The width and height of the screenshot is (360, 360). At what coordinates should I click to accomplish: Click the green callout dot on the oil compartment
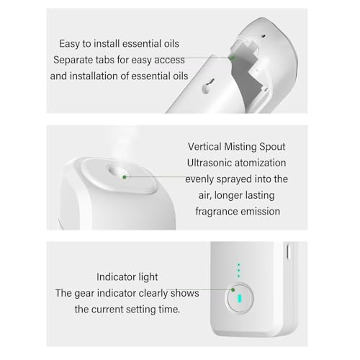(233, 58)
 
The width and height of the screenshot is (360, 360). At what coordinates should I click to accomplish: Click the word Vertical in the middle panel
(204, 147)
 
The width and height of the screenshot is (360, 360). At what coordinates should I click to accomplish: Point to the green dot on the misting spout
(125, 177)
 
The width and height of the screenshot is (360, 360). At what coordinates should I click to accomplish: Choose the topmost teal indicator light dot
(238, 265)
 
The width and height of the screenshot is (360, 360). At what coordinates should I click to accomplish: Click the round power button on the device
(240, 298)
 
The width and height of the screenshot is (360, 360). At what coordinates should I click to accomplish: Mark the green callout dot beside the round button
(233, 290)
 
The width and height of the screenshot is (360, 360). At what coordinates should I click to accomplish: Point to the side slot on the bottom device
(288, 251)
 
